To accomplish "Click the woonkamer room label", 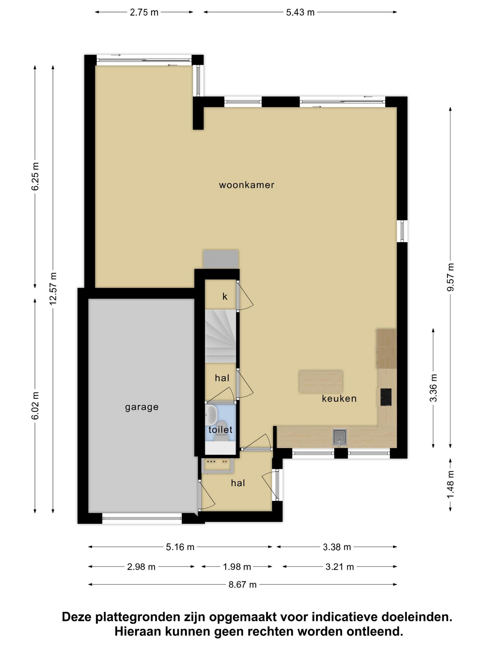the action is click(x=247, y=185).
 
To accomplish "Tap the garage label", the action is click(x=142, y=407).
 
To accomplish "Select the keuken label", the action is click(x=339, y=398).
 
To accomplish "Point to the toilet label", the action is click(x=220, y=430).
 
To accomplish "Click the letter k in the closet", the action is click(x=225, y=296).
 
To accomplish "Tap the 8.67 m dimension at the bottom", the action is click(x=242, y=585).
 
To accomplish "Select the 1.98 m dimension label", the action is click(x=237, y=567).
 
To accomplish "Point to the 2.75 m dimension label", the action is click(x=144, y=12).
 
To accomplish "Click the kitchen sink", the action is click(x=339, y=437).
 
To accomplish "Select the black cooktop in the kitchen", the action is click(x=386, y=397).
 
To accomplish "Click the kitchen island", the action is click(x=321, y=381).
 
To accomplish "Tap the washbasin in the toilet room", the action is click(x=211, y=415).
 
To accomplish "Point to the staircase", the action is click(x=221, y=336).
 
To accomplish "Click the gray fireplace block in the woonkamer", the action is click(x=221, y=259).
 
